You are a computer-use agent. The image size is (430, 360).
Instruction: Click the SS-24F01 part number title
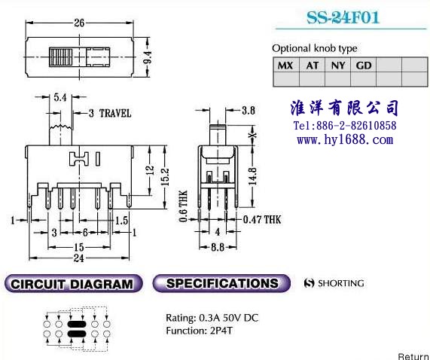click(x=343, y=18)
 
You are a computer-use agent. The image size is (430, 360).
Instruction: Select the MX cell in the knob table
click(x=286, y=66)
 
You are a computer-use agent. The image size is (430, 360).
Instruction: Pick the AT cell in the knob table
click(x=312, y=66)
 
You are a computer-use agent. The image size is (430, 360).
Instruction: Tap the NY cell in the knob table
click(x=338, y=66)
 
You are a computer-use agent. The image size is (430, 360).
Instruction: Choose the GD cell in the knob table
click(x=364, y=66)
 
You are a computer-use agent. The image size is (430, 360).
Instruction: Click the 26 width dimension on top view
click(x=79, y=23)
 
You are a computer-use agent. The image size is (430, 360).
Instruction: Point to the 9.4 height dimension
click(x=148, y=57)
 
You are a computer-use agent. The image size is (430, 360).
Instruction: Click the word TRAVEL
click(x=115, y=113)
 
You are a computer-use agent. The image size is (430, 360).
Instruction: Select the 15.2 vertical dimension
click(x=165, y=177)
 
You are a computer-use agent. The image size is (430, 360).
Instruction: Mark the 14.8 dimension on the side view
click(x=252, y=176)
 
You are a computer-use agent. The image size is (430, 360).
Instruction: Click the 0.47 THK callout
click(x=262, y=220)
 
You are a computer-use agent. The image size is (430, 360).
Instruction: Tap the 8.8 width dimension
click(x=218, y=247)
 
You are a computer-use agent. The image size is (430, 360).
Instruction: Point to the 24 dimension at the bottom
click(x=79, y=258)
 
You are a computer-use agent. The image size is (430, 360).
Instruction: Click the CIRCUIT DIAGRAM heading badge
click(x=74, y=284)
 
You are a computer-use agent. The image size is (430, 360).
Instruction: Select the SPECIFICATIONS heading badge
click(x=221, y=283)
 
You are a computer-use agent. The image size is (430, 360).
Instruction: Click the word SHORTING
click(x=341, y=283)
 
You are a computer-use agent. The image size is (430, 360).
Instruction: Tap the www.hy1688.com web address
click(x=345, y=139)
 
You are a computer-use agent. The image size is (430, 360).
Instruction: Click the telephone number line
click(x=345, y=126)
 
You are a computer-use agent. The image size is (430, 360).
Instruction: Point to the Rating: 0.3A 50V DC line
click(x=212, y=318)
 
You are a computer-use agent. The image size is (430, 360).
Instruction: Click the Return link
click(x=414, y=356)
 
